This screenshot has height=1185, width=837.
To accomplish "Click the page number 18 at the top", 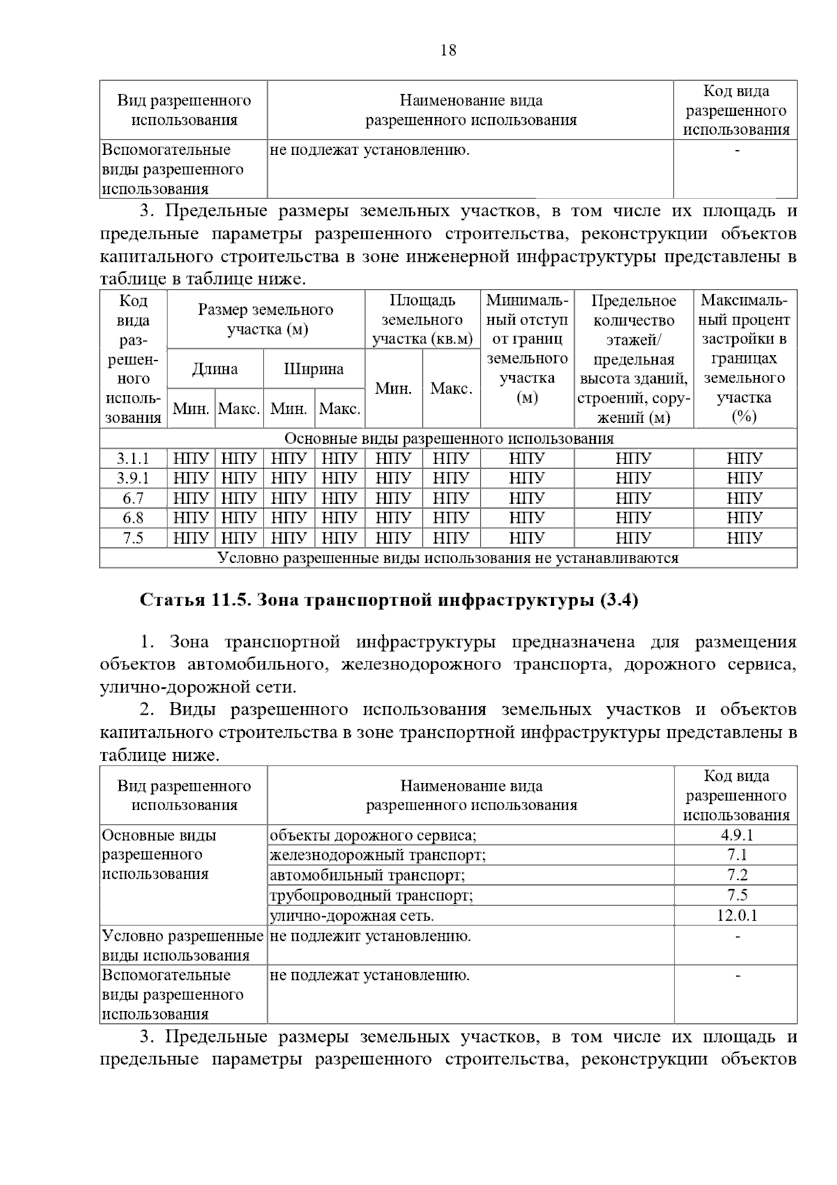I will point(448,50).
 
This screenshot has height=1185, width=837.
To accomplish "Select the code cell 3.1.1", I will point(133,459).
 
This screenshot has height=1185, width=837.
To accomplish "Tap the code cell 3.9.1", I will point(133,479).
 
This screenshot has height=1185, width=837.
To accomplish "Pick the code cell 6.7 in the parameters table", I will point(133,498).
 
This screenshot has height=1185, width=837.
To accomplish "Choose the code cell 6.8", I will point(133,518).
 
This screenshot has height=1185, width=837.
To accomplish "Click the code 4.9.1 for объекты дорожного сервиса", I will point(736,835).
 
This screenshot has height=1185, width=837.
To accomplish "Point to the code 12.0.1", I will point(736,916).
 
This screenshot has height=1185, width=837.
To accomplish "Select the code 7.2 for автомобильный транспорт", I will point(736,875).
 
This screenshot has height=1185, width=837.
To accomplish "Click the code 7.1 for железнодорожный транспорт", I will point(736,855).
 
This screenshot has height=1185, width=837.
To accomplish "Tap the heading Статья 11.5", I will point(389,600).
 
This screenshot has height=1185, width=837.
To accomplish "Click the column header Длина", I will point(215,369).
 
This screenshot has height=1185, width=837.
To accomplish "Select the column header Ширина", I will point(314,369).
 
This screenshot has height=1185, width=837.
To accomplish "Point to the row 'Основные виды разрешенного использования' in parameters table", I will point(448,438).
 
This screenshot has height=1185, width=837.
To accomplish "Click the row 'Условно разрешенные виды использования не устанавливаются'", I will point(448,558).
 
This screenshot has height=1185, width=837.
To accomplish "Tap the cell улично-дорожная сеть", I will point(352,916).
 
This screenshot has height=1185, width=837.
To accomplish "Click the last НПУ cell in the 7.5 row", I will point(744,538).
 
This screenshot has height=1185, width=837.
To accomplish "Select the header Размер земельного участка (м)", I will point(266,320).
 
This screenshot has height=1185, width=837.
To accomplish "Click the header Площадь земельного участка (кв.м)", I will point(422,320).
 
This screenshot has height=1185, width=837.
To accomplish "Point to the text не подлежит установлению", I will point(370,936).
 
